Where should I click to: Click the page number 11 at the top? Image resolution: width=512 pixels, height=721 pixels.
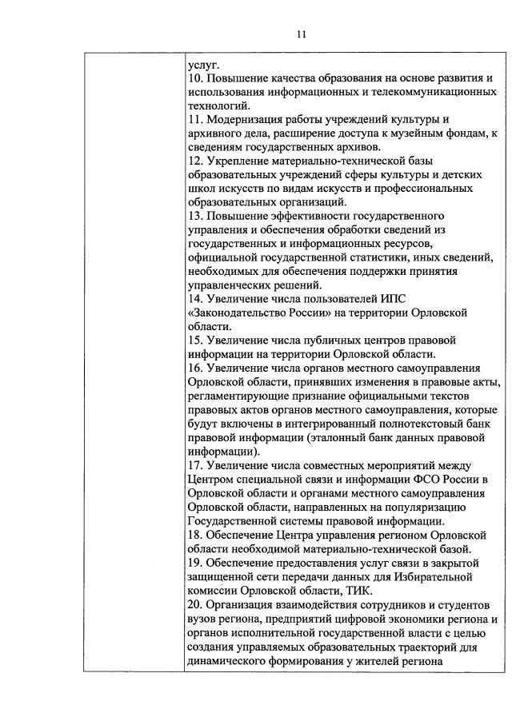click(300, 34)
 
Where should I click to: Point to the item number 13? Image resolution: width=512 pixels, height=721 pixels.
click(194, 216)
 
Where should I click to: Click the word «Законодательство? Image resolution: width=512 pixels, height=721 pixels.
click(238, 313)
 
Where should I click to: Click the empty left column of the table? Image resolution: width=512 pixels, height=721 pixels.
click(133, 360)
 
